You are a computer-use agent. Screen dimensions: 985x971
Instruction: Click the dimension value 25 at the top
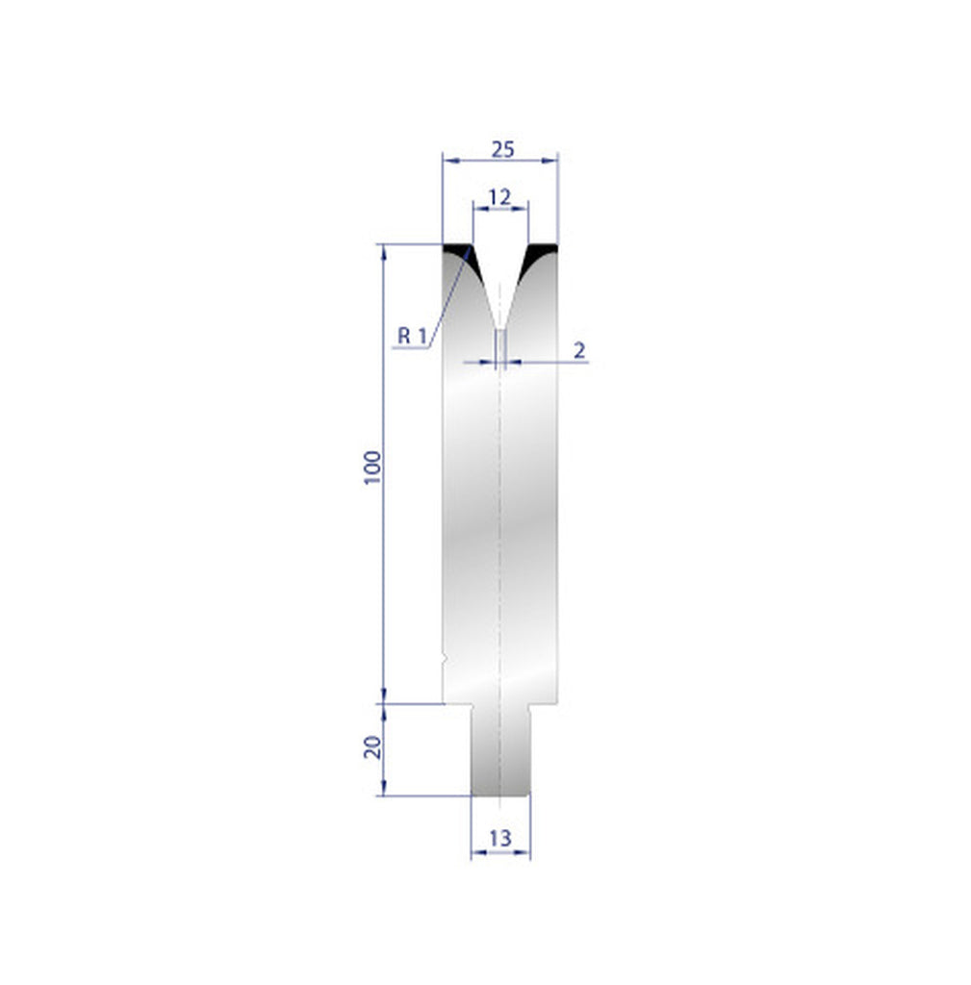[502, 149]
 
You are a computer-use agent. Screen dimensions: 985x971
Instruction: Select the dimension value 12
[499, 197]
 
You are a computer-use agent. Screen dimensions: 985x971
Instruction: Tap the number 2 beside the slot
[579, 350]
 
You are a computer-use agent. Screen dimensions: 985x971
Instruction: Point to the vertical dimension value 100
[374, 467]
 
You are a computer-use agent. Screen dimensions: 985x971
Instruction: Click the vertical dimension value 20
[373, 746]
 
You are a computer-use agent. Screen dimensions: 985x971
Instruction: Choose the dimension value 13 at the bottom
[499, 838]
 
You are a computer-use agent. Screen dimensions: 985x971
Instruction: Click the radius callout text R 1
[412, 336]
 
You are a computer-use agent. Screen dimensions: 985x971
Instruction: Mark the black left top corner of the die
[453, 254]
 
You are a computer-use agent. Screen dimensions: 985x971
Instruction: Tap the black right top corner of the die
[542, 254]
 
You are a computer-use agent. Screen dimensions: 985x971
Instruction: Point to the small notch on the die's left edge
[444, 660]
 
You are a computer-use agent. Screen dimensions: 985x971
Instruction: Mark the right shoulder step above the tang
[544, 704]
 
